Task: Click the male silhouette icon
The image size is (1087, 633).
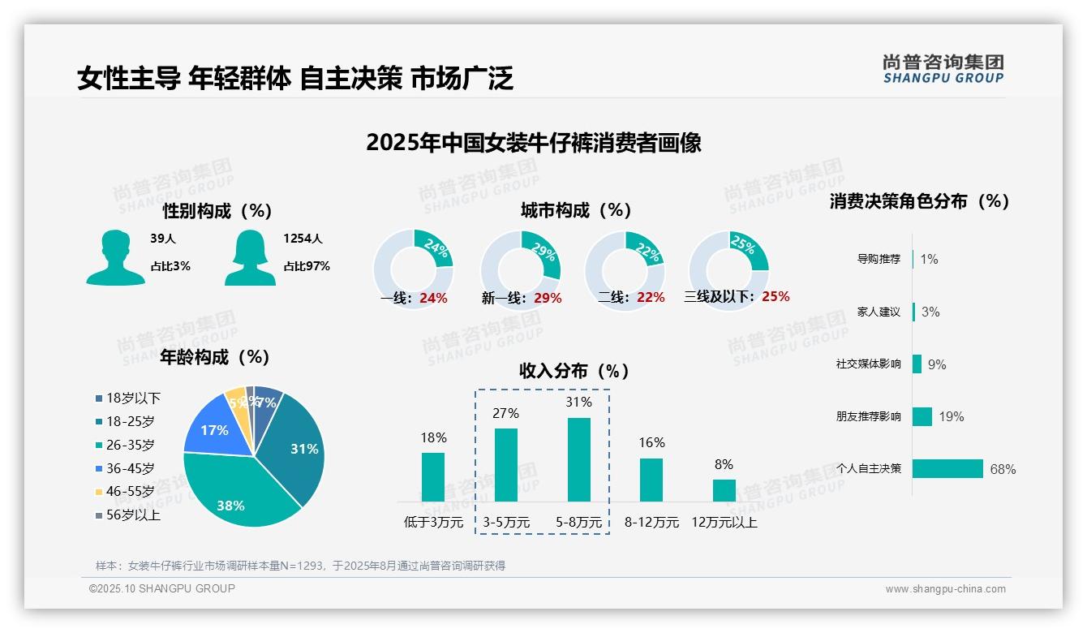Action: tap(115, 257)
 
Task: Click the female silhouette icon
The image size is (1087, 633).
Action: tap(250, 257)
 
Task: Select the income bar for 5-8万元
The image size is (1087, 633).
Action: tap(579, 459)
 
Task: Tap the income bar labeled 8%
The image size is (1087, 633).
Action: tap(724, 490)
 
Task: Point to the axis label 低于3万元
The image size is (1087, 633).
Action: tap(433, 523)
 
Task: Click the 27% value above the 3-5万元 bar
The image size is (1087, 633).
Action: tap(505, 414)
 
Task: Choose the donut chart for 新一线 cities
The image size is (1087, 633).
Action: tap(521, 270)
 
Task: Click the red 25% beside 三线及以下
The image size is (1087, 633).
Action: tap(776, 297)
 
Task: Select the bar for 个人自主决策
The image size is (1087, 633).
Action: tap(947, 469)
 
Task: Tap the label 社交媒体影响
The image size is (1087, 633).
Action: tap(868, 364)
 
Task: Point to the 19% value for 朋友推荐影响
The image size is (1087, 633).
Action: tap(952, 417)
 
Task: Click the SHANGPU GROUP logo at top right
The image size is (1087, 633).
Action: tap(943, 69)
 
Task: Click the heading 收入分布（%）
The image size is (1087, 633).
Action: tap(575, 372)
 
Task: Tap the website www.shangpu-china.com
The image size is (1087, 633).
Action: tap(945, 589)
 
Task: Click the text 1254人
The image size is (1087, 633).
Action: tap(303, 239)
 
